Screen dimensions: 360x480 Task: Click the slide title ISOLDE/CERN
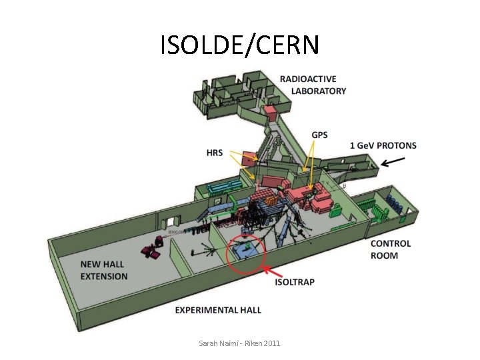click(240, 45)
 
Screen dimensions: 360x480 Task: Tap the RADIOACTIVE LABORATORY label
click(313, 85)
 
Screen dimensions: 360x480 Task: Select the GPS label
click(319, 135)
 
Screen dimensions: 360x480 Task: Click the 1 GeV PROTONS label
click(383, 145)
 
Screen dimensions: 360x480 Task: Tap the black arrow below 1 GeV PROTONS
click(394, 161)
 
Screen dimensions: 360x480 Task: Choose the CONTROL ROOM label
click(391, 249)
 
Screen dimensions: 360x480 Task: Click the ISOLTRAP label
click(295, 282)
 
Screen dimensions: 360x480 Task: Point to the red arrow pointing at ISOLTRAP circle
click(270, 272)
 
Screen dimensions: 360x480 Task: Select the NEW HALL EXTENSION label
click(104, 270)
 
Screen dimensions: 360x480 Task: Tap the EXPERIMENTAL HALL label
click(218, 310)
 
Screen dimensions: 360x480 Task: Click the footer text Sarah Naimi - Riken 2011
click(239, 343)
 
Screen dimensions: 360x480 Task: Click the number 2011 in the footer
click(271, 343)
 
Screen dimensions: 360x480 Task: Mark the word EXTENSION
click(104, 276)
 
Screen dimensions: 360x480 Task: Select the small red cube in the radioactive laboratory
click(269, 111)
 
